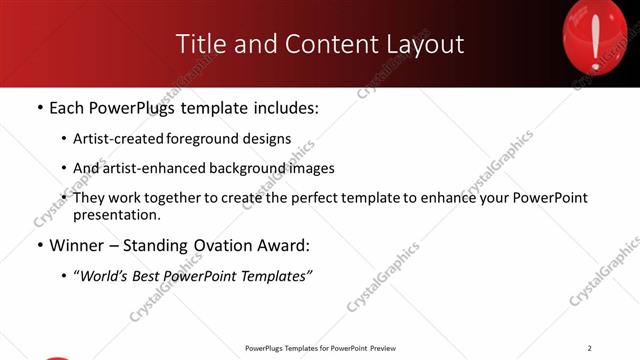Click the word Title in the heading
[200, 44]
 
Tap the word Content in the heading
[324, 44]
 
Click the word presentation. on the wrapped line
[116, 215]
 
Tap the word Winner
[75, 245]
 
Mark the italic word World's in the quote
[105, 275]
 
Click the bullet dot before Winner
[38, 246]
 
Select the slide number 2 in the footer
[589, 348]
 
